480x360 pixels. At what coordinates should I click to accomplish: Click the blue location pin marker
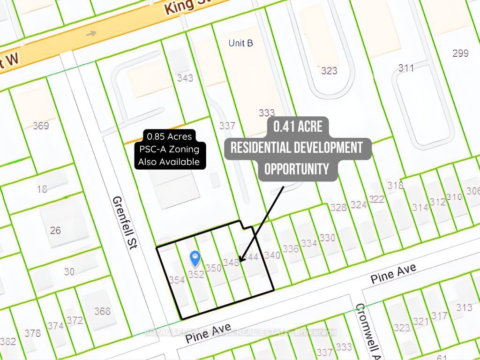tap(195, 258)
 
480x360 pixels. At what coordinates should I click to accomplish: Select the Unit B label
tap(240, 43)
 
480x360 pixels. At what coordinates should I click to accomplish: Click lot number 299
tap(460, 53)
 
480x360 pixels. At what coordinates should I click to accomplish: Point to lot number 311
tap(406, 68)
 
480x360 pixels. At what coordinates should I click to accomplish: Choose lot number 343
tap(185, 78)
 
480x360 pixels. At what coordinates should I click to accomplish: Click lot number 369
tap(41, 125)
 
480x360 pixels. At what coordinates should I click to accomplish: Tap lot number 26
tap(56, 230)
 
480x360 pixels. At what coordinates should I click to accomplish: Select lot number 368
tap(102, 311)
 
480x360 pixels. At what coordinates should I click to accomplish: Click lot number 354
tap(177, 280)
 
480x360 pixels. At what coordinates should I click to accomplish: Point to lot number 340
tap(272, 255)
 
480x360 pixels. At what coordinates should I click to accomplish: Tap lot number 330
tap(327, 238)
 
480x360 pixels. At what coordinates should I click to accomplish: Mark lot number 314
tap(420, 207)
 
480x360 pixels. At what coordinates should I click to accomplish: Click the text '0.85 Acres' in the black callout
tap(169, 137)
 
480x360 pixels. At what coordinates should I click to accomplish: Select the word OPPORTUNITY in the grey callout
tap(297, 169)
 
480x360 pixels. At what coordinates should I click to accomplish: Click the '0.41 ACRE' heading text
tap(298, 127)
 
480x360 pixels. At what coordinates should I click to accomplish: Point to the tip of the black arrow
tap(240, 261)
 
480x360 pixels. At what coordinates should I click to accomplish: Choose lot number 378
tap(33, 333)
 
